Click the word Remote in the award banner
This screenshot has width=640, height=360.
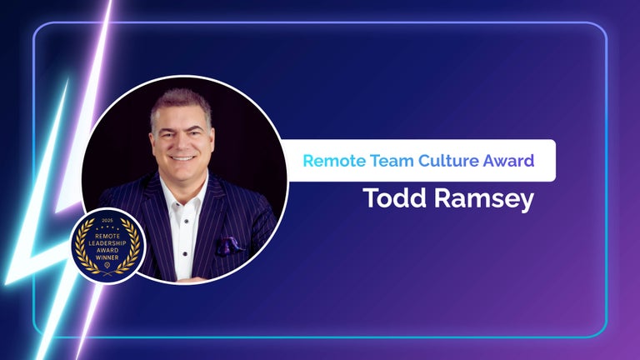(x=330, y=161)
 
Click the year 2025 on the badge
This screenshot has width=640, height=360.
(x=107, y=222)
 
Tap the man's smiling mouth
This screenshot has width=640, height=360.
(x=183, y=156)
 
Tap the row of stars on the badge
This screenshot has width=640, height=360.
(x=107, y=227)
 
